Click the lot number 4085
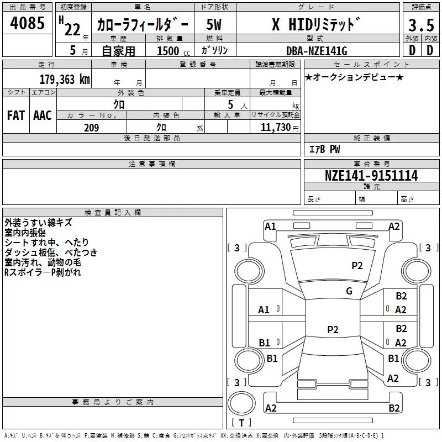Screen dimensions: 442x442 point(27,23)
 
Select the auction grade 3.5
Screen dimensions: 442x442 point(421,25)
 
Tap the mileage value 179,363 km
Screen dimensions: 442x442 point(65,79)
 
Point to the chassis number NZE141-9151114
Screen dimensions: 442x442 point(371,175)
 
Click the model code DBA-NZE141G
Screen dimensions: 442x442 point(317,51)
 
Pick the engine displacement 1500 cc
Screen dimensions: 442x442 point(173,51)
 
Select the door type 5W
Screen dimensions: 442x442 point(214,24)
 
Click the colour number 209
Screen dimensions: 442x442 point(91,128)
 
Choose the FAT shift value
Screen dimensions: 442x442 point(16,115)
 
